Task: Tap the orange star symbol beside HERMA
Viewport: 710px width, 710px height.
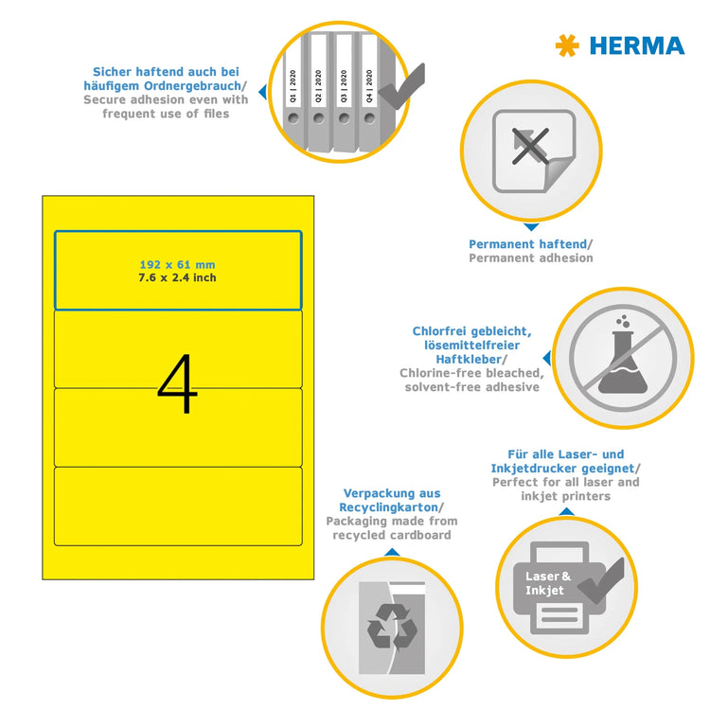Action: point(567,44)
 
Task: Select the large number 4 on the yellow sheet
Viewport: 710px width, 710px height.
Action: point(177,385)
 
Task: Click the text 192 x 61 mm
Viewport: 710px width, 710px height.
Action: point(177,265)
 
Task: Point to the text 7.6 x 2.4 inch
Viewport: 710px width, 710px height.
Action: point(177,277)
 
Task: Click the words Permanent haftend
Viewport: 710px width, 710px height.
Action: point(530,244)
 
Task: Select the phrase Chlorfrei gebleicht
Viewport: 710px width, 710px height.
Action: point(471,331)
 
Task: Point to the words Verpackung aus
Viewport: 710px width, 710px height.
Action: point(391,493)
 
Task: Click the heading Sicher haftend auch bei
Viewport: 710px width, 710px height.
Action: point(166,72)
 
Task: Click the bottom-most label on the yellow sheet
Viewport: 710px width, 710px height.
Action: point(177,506)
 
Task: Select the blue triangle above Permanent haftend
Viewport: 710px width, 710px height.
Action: point(530,227)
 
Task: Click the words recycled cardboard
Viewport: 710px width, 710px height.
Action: point(391,536)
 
